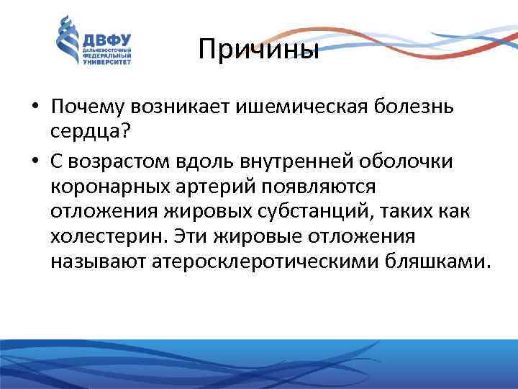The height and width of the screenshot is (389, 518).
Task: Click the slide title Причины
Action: coord(258,50)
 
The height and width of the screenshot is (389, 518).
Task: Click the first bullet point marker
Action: coord(35,108)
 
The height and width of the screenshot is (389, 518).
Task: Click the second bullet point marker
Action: coord(35,161)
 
